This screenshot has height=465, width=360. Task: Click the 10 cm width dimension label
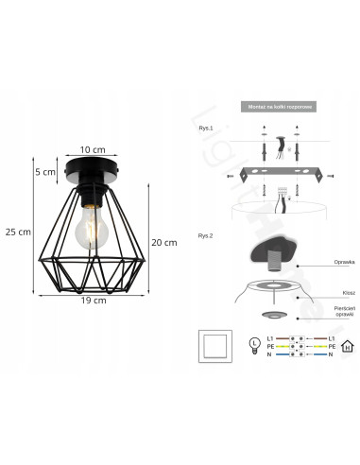[91, 150]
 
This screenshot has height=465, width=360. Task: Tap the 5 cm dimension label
[44, 172]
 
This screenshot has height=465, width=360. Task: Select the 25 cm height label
[17, 232]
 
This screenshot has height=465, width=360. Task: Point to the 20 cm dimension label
[164, 242]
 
